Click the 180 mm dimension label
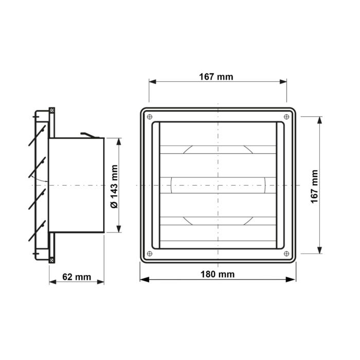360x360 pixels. (x=218, y=274)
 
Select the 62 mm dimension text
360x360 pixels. (x=77, y=277)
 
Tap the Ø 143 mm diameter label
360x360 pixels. (x=114, y=186)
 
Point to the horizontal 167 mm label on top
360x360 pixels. (x=216, y=77)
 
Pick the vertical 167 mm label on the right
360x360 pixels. (x=315, y=186)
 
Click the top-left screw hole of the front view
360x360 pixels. (x=150, y=117)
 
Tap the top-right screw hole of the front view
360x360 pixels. (x=286, y=117)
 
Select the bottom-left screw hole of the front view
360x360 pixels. (x=150, y=254)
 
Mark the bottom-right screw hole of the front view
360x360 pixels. (x=286, y=254)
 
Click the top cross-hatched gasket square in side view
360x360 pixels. (x=52, y=110)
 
